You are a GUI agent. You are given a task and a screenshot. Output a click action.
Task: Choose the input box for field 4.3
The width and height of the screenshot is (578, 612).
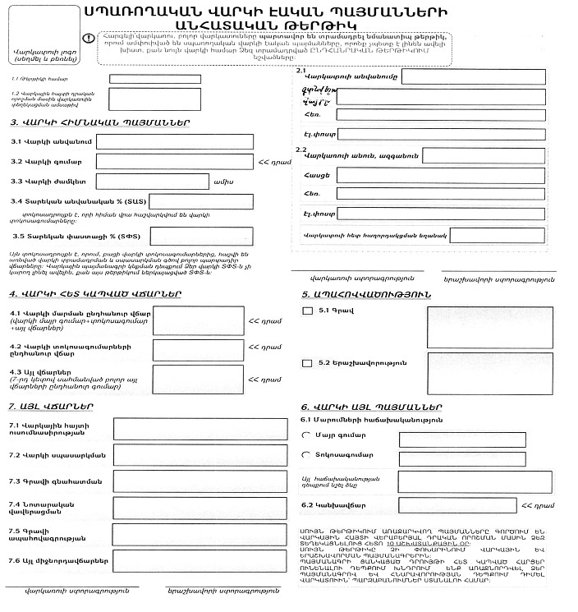(x=198, y=380)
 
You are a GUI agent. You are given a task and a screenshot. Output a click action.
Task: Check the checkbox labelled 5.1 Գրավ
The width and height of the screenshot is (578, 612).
(x=308, y=311)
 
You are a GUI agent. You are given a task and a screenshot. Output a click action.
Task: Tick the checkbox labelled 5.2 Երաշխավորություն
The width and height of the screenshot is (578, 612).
(x=307, y=362)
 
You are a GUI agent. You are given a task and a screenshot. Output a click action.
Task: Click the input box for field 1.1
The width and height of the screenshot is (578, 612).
(x=155, y=79)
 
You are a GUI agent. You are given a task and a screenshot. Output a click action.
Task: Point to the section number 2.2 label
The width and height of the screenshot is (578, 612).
(x=301, y=149)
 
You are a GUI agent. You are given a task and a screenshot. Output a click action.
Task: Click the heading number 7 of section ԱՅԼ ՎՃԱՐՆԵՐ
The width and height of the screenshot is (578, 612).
(x=10, y=407)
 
